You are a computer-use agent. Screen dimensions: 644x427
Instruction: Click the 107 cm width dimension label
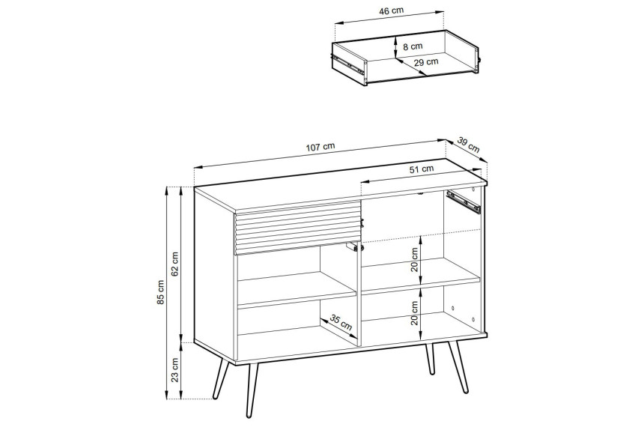point(321,147)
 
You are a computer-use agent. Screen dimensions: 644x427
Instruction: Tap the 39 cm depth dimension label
point(468,145)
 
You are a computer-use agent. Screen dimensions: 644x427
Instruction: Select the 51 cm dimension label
point(422,169)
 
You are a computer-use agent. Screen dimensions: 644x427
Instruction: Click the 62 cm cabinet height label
point(175,264)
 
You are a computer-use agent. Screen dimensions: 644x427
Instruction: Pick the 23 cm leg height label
point(175,370)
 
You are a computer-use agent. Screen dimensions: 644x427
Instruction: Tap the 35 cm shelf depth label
point(341,323)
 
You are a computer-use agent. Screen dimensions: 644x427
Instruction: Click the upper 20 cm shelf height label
point(414,260)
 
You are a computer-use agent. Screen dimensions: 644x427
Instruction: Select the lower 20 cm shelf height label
point(414,313)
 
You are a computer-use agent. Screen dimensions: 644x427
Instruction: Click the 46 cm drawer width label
point(391,11)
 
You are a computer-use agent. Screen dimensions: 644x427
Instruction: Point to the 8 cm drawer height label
point(413,46)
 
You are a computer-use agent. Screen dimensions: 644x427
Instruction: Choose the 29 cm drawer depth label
point(426,62)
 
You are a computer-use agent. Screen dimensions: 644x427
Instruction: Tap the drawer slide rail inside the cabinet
point(464,202)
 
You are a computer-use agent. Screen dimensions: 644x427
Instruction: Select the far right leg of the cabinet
point(459,366)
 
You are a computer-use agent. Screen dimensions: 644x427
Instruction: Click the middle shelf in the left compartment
point(297,290)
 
